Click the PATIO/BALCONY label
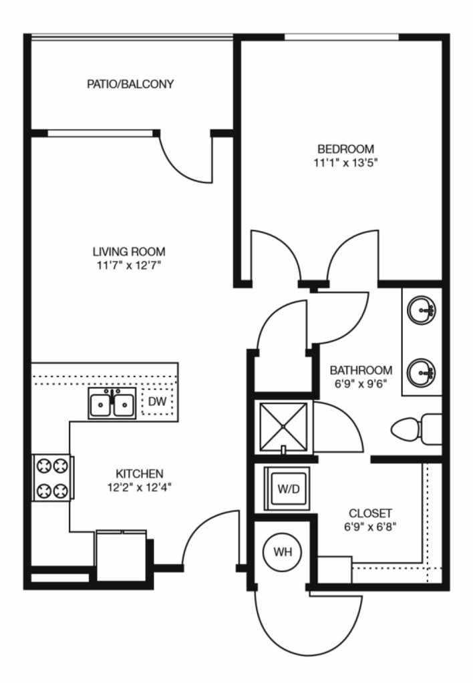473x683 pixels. coord(130,83)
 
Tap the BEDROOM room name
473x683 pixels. coord(345,149)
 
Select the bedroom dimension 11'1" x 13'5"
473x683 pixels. coord(345,164)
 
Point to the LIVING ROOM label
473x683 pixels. coord(129,251)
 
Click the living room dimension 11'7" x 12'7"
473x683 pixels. coord(130,265)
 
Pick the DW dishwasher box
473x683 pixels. coord(158,401)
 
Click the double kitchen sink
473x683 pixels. coord(112,403)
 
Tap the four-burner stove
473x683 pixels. coord(52,478)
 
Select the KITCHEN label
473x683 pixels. coord(140,473)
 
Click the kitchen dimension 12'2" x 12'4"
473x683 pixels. coord(140,487)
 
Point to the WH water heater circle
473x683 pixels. coord(283,552)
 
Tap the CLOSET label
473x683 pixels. coord(371,513)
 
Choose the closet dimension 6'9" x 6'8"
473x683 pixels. coord(370,527)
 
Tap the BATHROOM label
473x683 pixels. coord(361,371)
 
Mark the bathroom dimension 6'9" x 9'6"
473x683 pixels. coord(361,384)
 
